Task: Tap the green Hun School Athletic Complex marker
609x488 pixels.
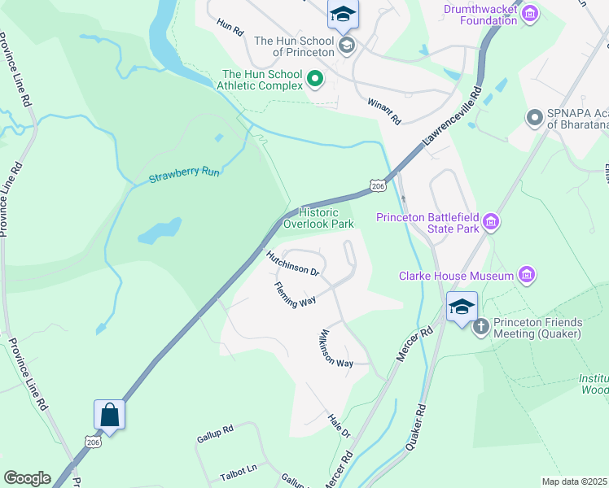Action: click(x=315, y=80)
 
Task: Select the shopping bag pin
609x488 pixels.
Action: click(x=109, y=416)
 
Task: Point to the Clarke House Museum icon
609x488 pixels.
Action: click(x=527, y=276)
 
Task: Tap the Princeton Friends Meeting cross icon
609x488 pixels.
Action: click(x=480, y=327)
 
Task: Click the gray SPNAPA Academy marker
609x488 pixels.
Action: click(x=535, y=119)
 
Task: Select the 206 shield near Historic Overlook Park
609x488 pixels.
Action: click(x=377, y=186)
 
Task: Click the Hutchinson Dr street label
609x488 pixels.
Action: click(x=291, y=264)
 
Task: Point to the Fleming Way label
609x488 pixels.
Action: click(x=295, y=294)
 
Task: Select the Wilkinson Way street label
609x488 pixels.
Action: click(x=335, y=349)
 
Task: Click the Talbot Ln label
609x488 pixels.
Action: click(x=239, y=469)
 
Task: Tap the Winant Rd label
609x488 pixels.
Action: click(x=384, y=111)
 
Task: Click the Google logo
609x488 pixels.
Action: click(x=27, y=477)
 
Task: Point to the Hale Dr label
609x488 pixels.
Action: click(x=339, y=423)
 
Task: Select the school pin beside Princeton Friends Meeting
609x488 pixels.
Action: click(x=462, y=307)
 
